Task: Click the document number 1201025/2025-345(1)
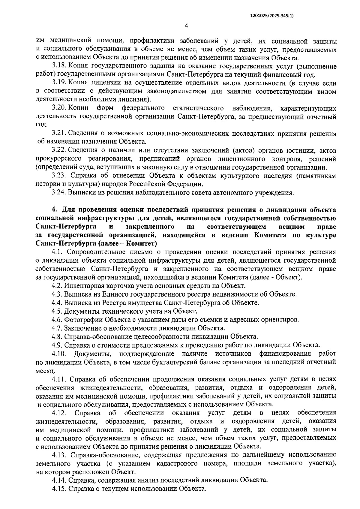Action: click(x=271, y=17)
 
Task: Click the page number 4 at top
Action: click(x=186, y=26)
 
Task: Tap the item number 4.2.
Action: click(x=57, y=285)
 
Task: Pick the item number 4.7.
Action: click(x=57, y=328)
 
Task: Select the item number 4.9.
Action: click(x=57, y=345)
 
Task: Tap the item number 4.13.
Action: click(x=59, y=455)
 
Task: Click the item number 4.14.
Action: click(x=59, y=480)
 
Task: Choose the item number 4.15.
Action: click(x=59, y=488)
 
